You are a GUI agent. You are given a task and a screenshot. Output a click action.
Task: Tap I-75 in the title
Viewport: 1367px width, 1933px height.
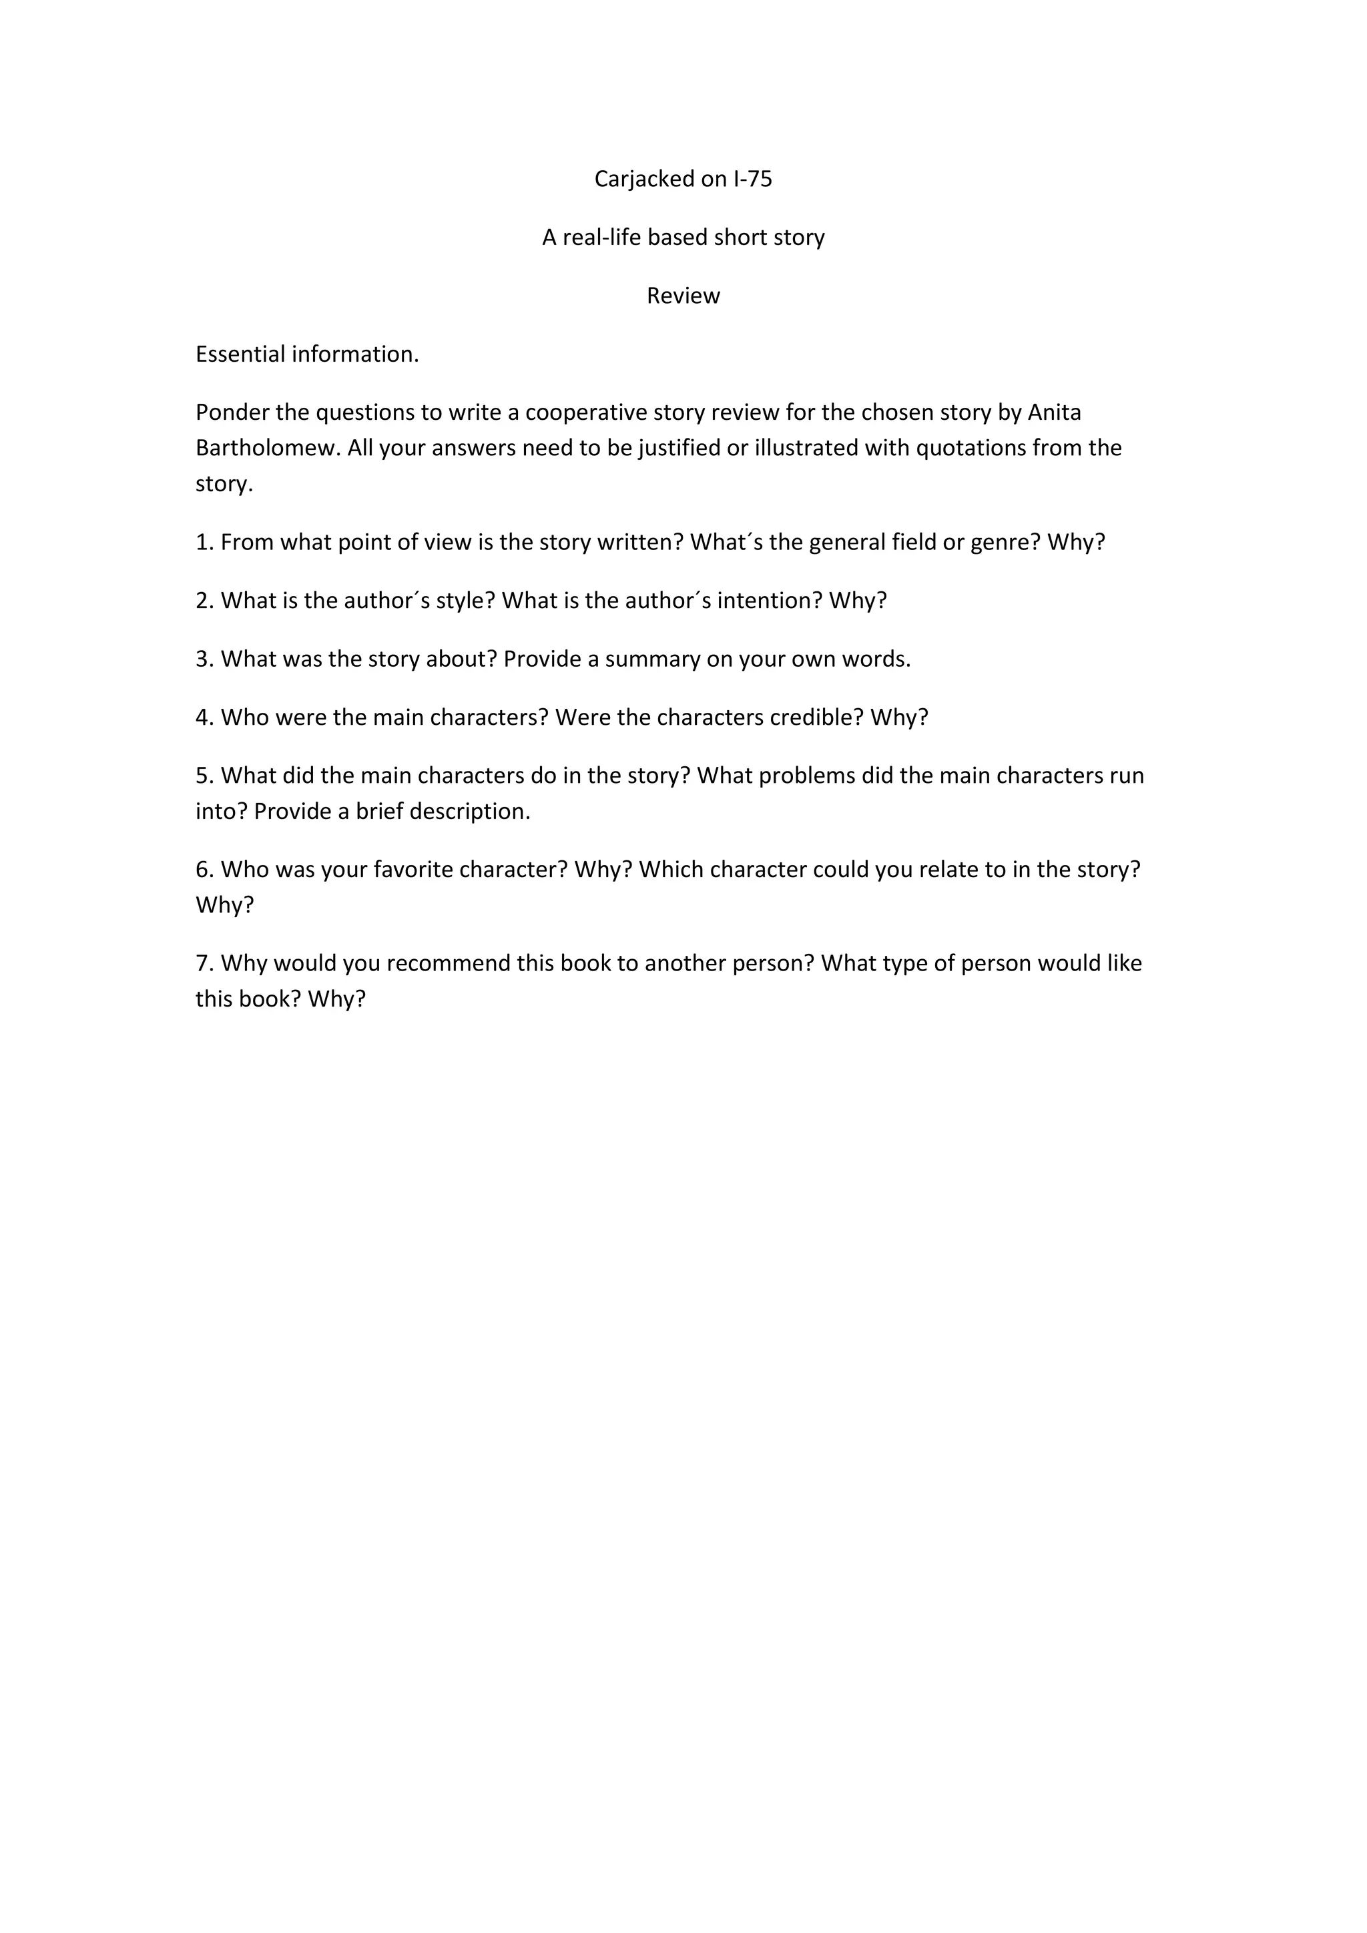tap(752, 180)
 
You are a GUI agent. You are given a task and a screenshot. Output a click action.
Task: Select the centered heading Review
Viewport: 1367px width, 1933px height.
tap(683, 296)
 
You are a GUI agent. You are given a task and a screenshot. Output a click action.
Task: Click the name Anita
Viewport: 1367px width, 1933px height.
tap(1054, 412)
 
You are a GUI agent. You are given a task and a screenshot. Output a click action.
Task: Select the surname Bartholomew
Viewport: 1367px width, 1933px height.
tap(268, 448)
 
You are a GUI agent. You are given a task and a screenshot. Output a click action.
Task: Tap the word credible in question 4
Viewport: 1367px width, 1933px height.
tap(816, 718)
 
